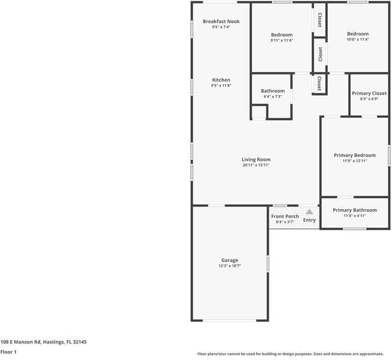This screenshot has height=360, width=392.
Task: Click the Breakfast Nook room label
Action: click(x=221, y=22)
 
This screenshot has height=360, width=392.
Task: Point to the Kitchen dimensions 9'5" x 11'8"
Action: click(x=221, y=86)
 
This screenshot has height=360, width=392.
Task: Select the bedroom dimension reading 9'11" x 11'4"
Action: click(x=281, y=40)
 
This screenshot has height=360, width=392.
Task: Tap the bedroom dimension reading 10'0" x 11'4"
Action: click(x=358, y=40)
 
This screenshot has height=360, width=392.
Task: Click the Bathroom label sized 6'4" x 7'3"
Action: click(x=273, y=91)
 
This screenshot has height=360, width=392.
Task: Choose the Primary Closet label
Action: click(x=369, y=94)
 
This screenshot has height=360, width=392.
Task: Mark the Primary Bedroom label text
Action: click(x=355, y=155)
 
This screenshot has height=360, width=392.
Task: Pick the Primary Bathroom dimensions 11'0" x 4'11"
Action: click(x=355, y=216)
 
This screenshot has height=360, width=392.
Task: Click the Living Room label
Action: click(x=256, y=159)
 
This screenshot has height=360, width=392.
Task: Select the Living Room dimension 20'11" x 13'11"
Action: click(x=256, y=165)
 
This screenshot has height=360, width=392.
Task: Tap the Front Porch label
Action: click(x=285, y=216)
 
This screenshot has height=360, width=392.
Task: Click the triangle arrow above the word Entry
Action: click(x=309, y=212)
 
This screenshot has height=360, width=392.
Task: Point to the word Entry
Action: click(x=309, y=220)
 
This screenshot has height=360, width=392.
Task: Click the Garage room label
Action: click(x=230, y=260)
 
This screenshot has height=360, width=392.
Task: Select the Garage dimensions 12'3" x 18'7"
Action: click(x=230, y=266)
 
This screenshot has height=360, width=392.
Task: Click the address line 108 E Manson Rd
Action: click(x=43, y=341)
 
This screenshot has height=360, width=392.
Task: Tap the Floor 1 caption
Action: click(x=8, y=352)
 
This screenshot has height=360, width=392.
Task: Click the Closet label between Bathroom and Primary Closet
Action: click(x=319, y=83)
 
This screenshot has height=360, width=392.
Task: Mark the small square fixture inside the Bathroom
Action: click(x=258, y=112)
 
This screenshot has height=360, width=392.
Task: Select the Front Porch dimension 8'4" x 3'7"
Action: click(x=285, y=222)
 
